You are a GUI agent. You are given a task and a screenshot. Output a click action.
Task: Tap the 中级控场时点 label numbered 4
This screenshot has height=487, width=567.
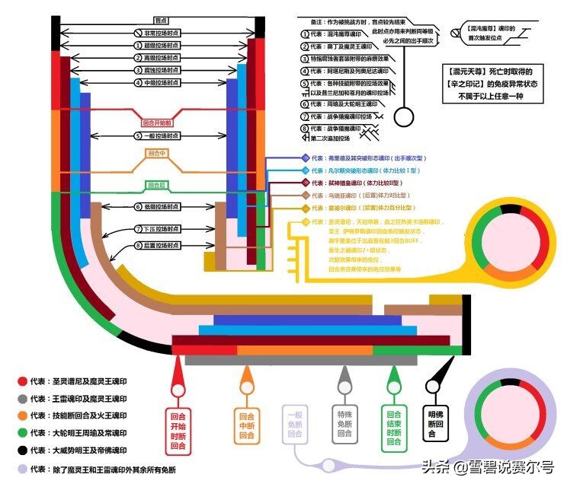click(159, 82)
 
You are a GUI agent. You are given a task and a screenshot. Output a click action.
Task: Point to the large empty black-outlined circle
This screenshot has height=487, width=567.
click(405, 118)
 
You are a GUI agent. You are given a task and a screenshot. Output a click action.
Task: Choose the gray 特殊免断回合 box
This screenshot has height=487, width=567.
click(344, 424)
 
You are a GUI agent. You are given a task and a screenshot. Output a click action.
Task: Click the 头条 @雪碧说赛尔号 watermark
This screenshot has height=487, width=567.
click(488, 468)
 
